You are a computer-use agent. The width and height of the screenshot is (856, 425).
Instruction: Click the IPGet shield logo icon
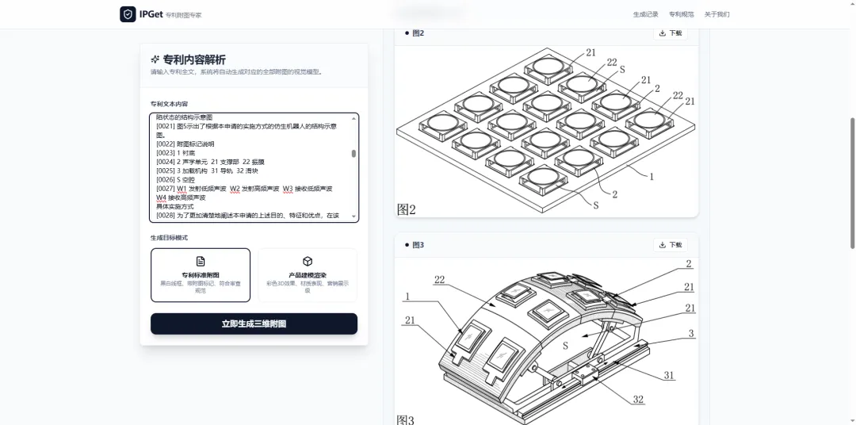coord(128,14)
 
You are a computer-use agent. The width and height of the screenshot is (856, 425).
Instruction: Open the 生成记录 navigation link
coord(645,14)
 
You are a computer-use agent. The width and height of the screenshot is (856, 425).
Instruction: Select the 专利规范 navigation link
coord(681,14)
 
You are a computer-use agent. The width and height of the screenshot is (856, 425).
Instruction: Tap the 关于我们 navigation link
coord(717,14)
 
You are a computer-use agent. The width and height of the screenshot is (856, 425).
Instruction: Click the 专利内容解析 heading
coord(193,59)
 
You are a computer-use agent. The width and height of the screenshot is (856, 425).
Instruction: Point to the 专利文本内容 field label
coord(170,104)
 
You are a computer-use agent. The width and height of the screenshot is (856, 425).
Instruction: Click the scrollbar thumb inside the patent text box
coord(353,154)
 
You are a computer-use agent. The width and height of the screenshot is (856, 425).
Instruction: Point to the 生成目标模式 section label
coord(170,237)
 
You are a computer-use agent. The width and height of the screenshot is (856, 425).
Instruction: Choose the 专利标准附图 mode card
coord(201,275)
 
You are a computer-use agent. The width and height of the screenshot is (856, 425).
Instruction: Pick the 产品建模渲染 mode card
coord(308,275)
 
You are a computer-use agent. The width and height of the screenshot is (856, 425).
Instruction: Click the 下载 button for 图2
coord(671,33)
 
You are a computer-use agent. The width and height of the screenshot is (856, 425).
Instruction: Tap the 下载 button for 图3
coord(671,245)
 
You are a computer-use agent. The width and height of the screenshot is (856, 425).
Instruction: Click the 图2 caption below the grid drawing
coord(407,209)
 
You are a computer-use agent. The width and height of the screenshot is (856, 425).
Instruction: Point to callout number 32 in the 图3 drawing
coord(638,400)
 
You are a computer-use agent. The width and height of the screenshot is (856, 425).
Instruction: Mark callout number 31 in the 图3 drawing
coord(670,375)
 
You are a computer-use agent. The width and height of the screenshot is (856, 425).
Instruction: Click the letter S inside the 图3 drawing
coord(565,346)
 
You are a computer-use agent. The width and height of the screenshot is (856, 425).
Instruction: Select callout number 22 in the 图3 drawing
coord(439,279)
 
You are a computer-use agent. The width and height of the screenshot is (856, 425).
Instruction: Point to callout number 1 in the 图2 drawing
coord(652,177)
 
